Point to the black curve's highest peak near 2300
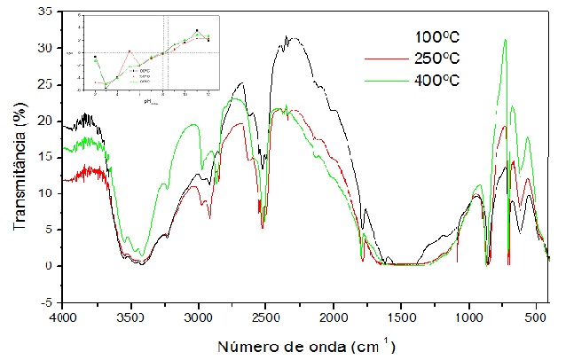pyautogui.click(x=287, y=37)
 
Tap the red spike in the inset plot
pyautogui.click(x=130, y=51)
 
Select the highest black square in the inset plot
pyautogui.click(x=196, y=30)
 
